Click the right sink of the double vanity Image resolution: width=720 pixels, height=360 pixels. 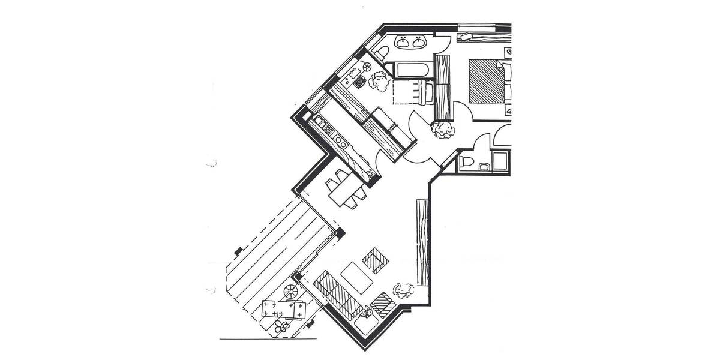point(418,43)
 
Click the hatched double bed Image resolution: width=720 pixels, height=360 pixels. point(487,81)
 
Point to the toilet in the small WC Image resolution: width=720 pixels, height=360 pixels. point(466,163)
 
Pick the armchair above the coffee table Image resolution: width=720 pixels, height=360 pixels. point(376,260)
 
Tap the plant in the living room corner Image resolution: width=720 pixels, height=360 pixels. point(403,290)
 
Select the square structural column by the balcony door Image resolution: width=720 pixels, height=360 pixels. point(340,232)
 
